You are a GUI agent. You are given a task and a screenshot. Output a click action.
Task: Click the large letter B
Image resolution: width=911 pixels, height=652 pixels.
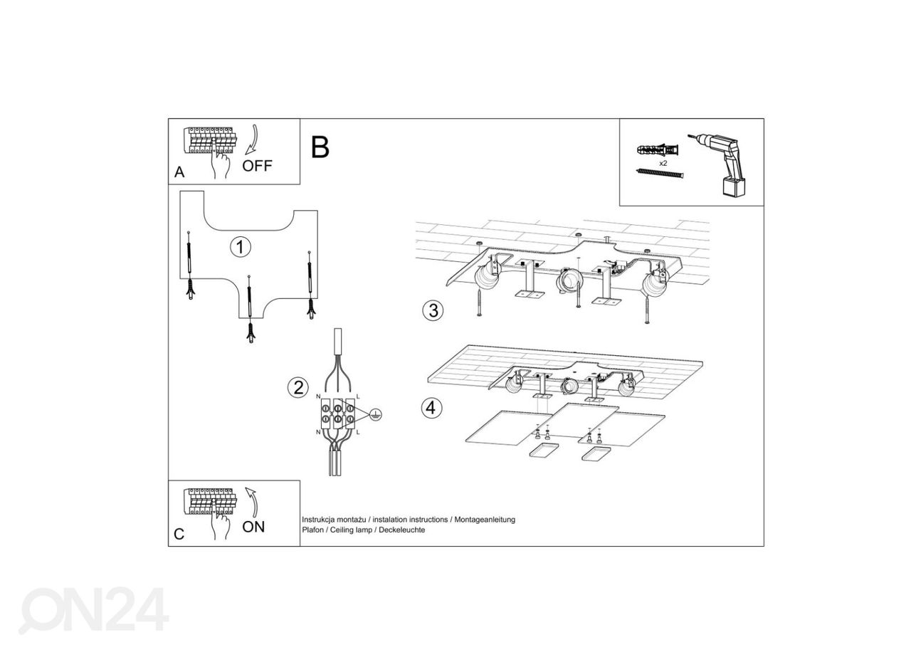point(320,147)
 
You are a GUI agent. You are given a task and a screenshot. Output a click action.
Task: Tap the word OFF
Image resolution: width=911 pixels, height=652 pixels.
point(257,167)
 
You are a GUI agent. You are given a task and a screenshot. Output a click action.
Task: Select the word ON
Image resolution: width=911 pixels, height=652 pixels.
point(253,527)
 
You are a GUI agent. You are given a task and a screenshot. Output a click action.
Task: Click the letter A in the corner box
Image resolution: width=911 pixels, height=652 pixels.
point(179,173)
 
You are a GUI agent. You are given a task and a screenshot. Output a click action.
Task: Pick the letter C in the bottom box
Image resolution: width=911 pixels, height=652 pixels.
point(179,534)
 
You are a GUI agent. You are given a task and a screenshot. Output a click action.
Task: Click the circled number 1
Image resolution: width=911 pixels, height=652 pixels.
point(241,247)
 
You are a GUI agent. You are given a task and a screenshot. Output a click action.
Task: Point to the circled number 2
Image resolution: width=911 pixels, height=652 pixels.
point(297,388)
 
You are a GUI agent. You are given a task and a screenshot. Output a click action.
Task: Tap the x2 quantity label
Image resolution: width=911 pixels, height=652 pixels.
point(663,163)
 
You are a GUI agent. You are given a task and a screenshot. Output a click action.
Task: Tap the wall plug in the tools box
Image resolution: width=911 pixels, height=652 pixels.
point(659,151)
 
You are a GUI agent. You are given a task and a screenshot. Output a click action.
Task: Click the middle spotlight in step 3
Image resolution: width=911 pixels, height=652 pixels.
point(567,281)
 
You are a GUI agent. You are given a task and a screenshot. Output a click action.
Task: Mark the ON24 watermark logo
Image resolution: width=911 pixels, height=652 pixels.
point(93,610)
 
